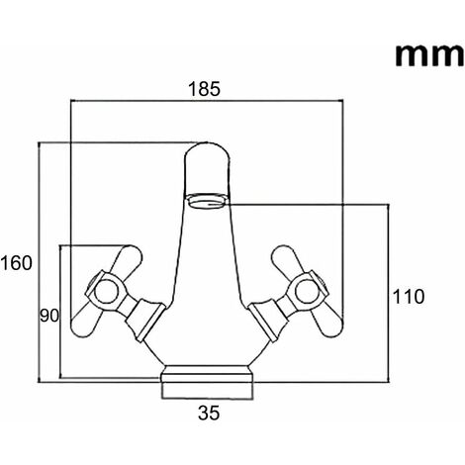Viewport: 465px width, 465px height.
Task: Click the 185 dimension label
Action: (204, 89)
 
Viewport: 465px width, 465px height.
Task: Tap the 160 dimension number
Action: (17, 263)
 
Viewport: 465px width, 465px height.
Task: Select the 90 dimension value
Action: (49, 316)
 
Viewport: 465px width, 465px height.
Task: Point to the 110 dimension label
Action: (409, 296)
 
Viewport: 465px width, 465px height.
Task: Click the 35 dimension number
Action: (209, 413)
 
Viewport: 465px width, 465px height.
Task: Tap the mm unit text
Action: (429, 55)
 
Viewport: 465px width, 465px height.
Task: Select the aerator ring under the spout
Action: (206, 201)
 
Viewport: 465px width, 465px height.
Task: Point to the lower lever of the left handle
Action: (86, 320)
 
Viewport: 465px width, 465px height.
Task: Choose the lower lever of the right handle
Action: (327, 320)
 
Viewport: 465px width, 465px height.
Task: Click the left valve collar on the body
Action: (145, 320)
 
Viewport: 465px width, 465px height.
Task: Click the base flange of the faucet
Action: (209, 374)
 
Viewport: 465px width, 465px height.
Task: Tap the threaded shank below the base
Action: (209, 391)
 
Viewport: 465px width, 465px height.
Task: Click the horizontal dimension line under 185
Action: (207, 100)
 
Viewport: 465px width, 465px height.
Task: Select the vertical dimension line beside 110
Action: (388, 294)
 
